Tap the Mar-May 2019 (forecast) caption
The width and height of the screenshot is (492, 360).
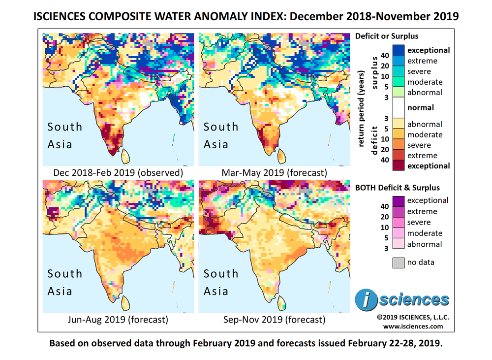pos(275,173)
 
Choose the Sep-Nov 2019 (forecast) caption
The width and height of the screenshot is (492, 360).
pos(274,320)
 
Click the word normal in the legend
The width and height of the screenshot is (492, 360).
pos(421,107)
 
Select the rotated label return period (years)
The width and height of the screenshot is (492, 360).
pos(362,108)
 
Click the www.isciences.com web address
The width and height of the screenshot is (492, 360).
pos(413,326)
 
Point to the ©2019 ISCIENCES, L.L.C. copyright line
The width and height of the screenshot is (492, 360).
pos(413,317)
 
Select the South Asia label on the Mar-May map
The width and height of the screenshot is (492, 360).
pos(221,135)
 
